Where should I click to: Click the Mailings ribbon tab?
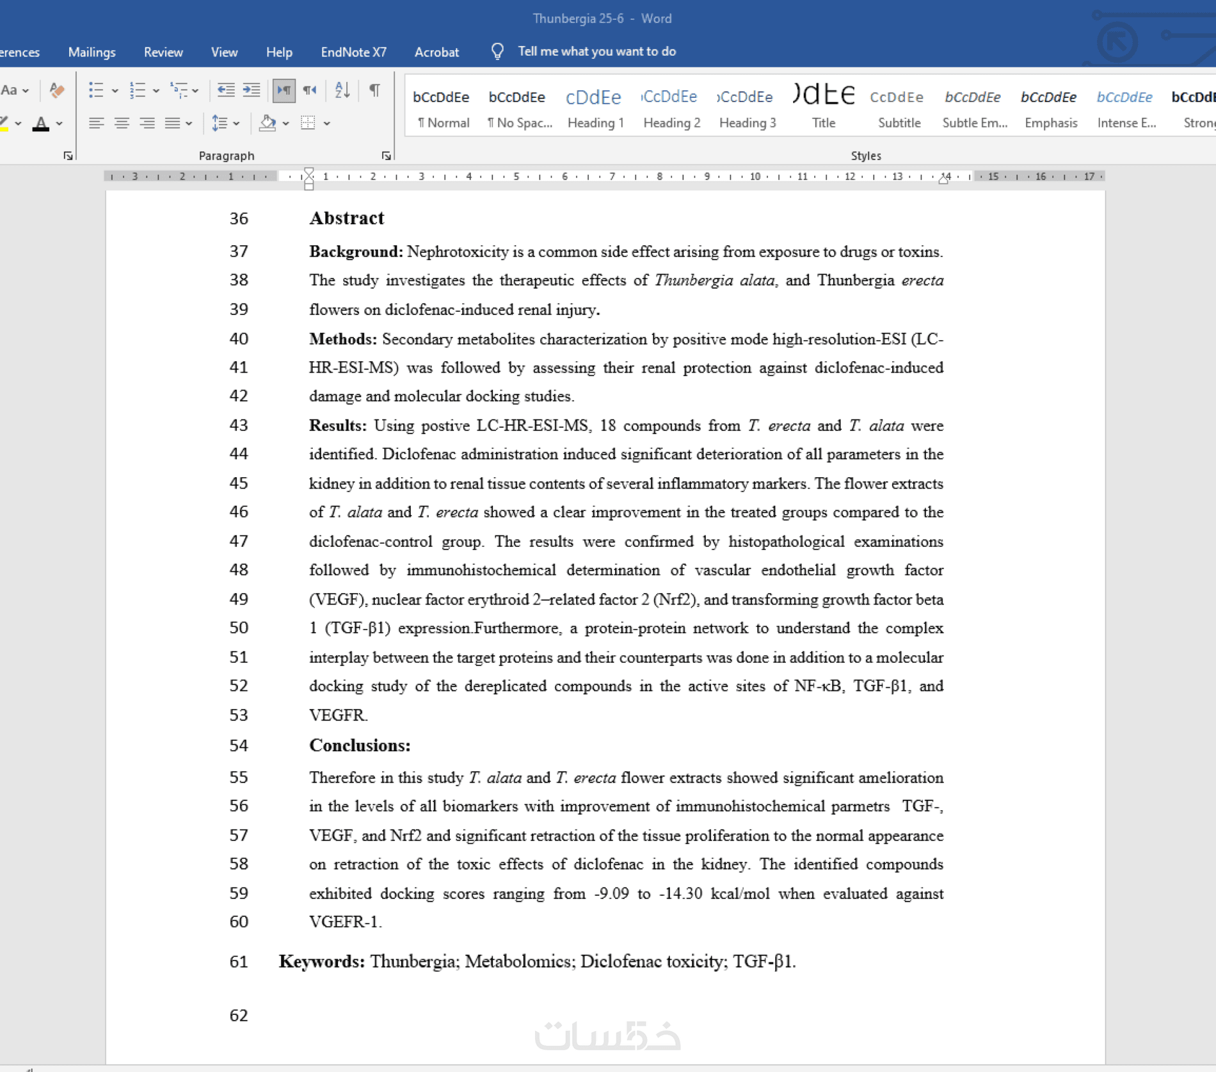(x=92, y=52)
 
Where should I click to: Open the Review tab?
(x=163, y=52)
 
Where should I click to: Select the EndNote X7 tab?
(x=353, y=52)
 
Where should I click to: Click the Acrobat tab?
(x=436, y=52)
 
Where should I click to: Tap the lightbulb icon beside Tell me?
(x=497, y=51)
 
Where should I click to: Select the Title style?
(x=823, y=106)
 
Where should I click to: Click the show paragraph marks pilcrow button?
(x=375, y=90)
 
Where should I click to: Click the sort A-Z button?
(x=342, y=90)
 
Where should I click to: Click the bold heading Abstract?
(x=346, y=218)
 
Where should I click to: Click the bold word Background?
(x=356, y=252)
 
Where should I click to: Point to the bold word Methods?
(x=343, y=339)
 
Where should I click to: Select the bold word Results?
(x=337, y=425)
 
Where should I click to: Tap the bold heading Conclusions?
(x=360, y=745)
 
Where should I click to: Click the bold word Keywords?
(x=321, y=961)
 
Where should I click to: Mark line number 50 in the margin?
(x=239, y=628)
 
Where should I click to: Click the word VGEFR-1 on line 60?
(x=344, y=922)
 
